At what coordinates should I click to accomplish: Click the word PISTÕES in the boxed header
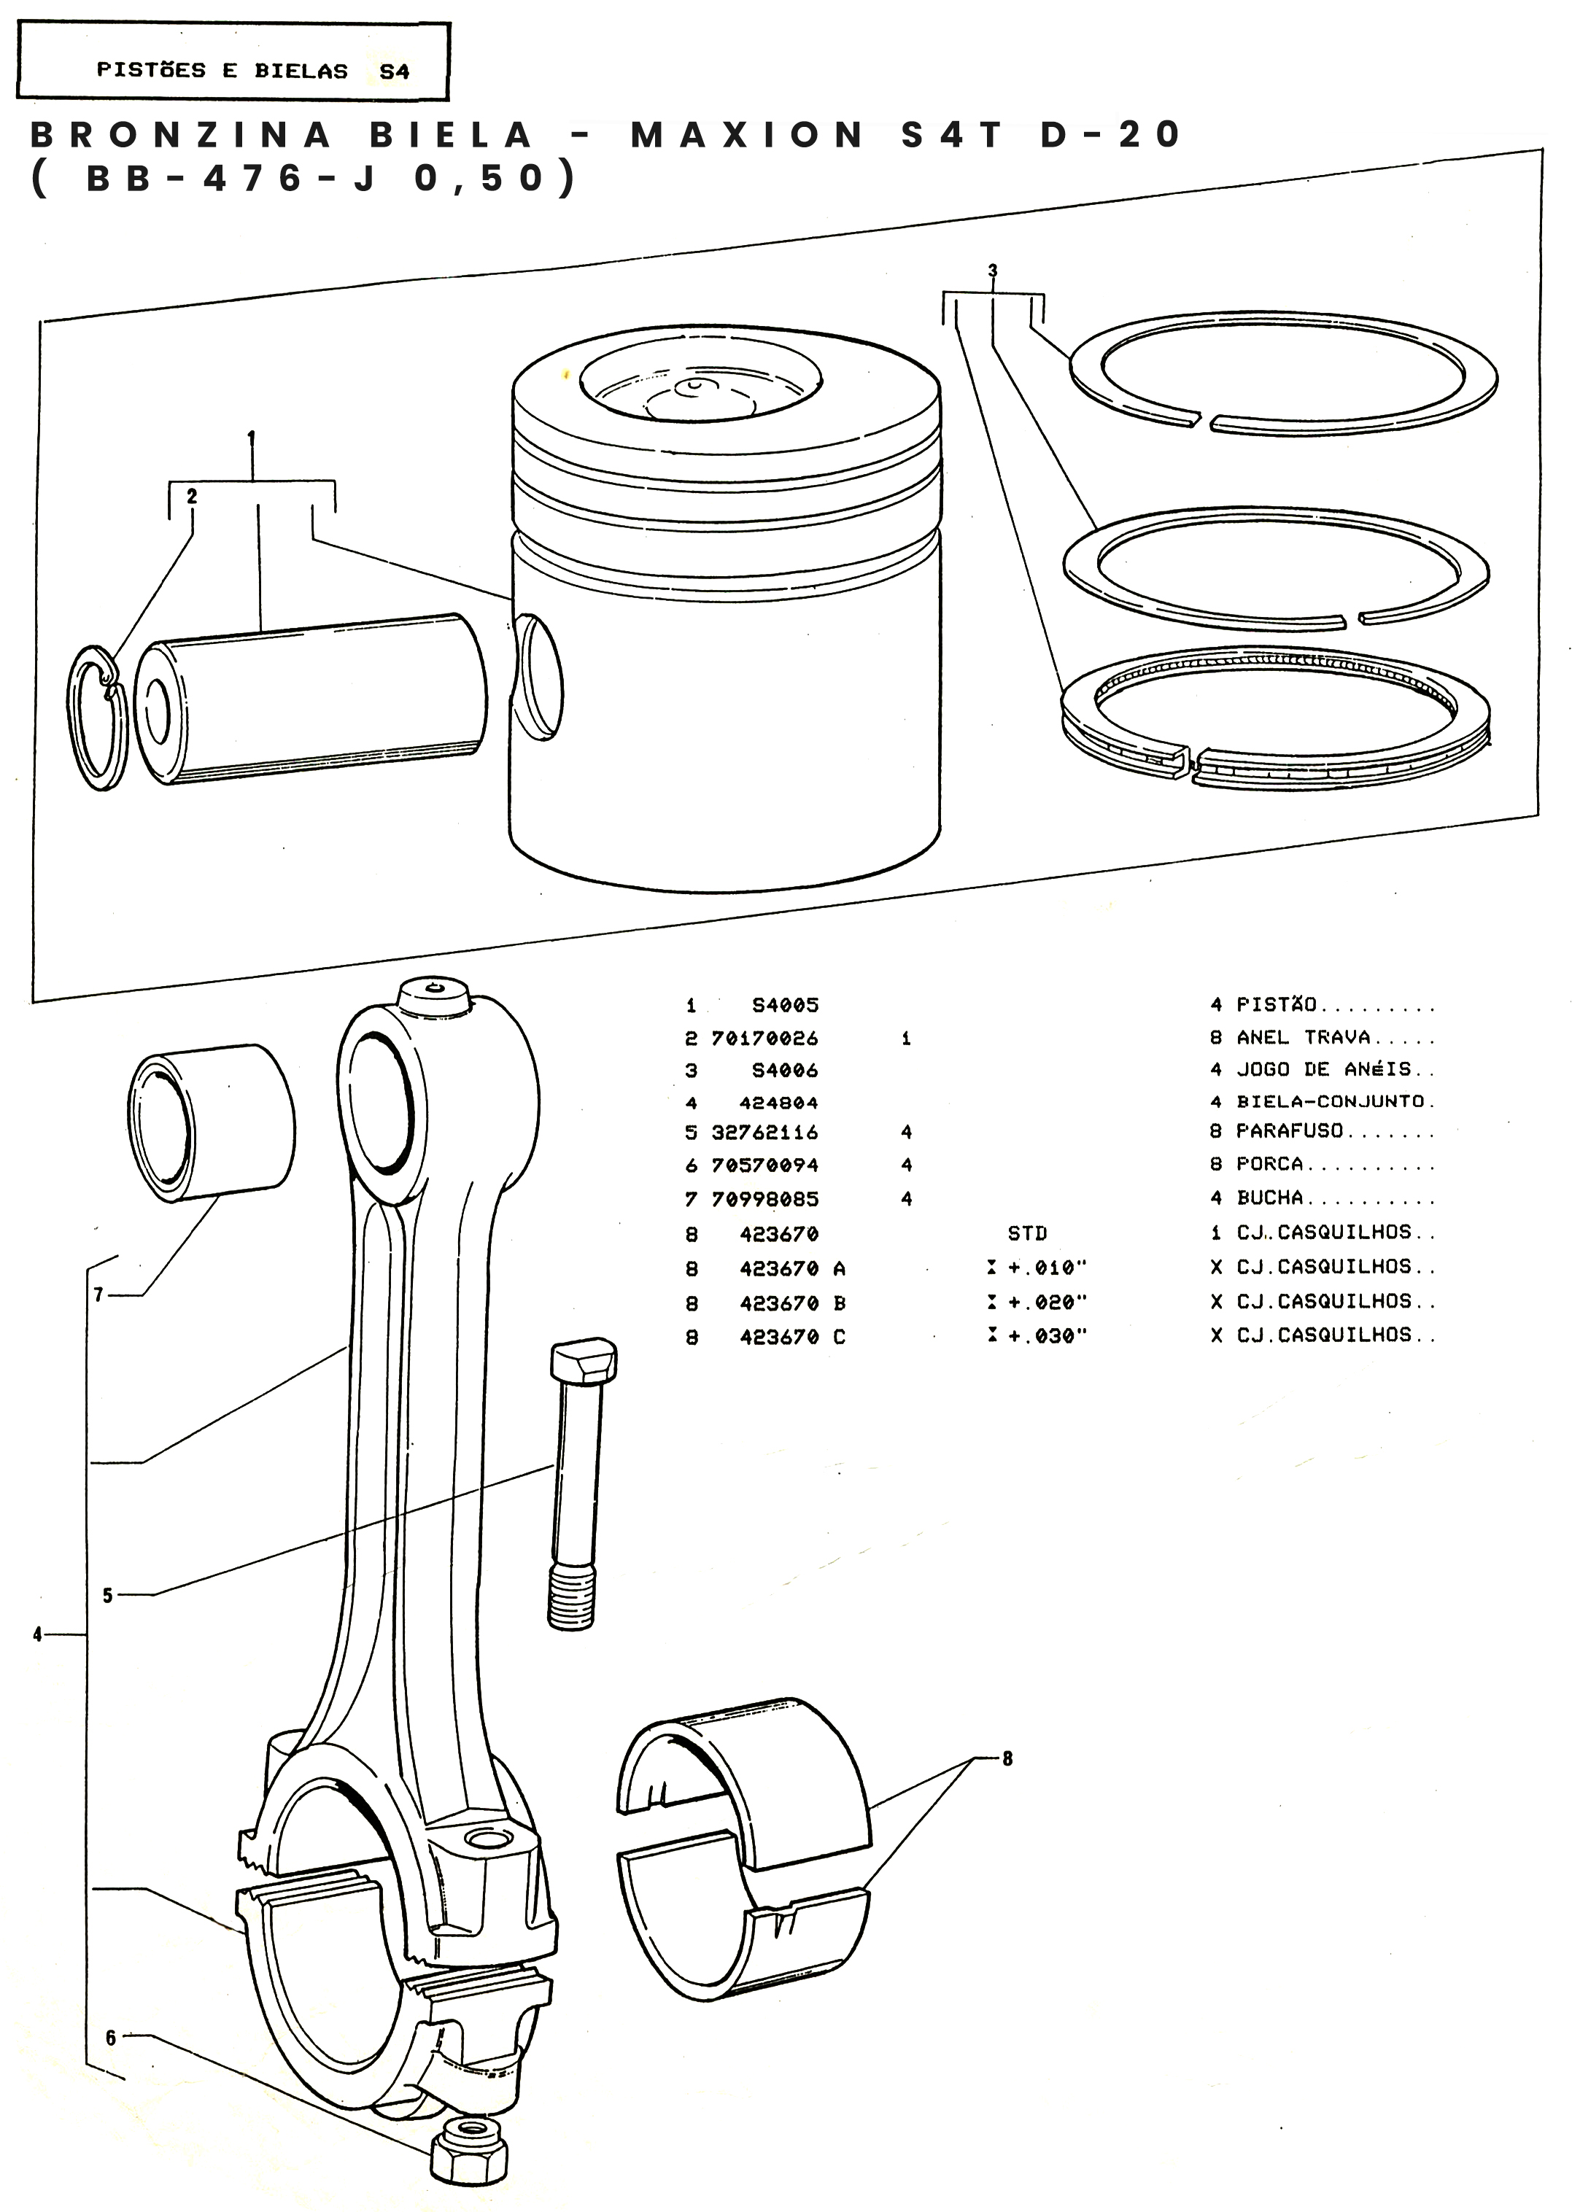(x=151, y=70)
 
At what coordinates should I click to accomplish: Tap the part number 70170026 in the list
(x=764, y=1039)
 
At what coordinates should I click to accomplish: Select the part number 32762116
(x=764, y=1132)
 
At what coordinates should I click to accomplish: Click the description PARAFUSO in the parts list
(x=1290, y=1131)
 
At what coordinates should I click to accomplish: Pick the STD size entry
(x=1027, y=1234)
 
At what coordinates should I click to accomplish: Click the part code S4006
(x=785, y=1070)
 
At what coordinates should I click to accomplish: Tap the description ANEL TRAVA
(x=1303, y=1037)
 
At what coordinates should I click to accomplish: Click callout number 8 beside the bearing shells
(x=1007, y=1758)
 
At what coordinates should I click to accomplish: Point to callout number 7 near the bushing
(x=98, y=1294)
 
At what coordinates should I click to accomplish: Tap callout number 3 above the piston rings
(x=992, y=271)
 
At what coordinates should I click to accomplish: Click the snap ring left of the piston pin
(x=97, y=717)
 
